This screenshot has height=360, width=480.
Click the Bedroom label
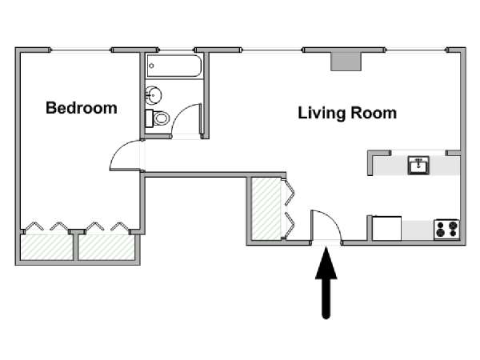click(82, 108)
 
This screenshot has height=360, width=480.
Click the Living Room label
click(347, 113)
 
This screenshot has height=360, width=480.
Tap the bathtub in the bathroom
click(174, 66)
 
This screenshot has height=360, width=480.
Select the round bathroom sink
click(154, 95)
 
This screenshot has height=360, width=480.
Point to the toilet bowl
click(162, 118)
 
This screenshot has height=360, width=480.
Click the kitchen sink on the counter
click(418, 165)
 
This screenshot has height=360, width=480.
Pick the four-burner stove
click(446, 230)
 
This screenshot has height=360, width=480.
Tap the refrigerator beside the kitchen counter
click(386, 228)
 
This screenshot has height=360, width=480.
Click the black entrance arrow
click(326, 283)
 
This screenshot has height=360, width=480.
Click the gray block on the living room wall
click(346, 62)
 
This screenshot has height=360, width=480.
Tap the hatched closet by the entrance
click(266, 209)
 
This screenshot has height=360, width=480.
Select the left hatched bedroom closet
click(46, 247)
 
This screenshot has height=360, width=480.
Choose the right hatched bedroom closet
click(106, 247)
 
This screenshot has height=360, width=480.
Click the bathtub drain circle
click(151, 66)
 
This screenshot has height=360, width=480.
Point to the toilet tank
click(149, 118)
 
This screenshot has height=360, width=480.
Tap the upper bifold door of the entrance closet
click(290, 192)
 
